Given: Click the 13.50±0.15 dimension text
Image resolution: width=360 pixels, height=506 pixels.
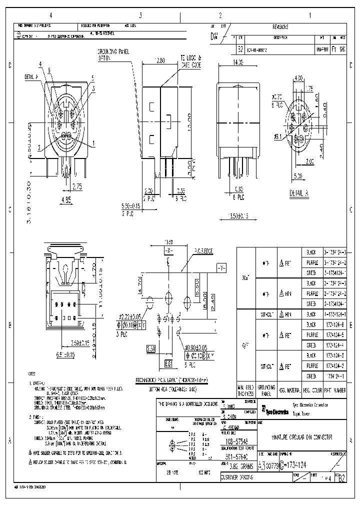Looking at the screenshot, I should (238, 216).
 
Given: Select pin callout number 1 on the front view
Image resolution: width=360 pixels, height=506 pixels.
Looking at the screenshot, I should (93, 143).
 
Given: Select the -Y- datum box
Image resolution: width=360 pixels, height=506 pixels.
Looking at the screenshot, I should (221, 267).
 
